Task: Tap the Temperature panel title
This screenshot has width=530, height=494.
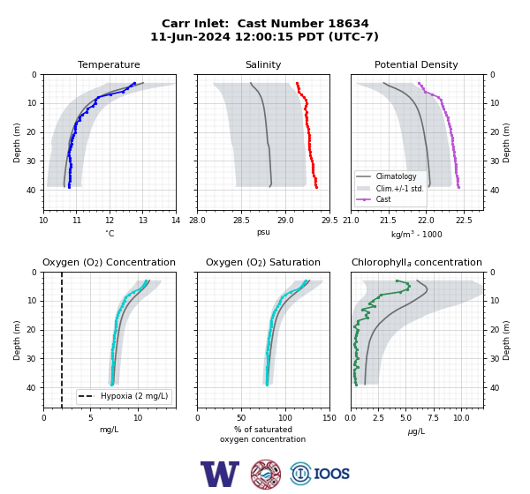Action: click(109, 64)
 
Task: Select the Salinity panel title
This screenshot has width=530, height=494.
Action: click(263, 64)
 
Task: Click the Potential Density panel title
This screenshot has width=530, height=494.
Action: click(416, 64)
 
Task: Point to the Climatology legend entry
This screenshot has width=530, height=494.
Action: click(396, 176)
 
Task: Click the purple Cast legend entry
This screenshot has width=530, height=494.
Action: click(383, 199)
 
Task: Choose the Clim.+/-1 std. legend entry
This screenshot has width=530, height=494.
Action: click(399, 189)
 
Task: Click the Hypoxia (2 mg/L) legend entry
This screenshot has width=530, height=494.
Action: click(134, 396)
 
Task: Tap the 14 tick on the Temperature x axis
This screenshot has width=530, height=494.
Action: click(176, 221)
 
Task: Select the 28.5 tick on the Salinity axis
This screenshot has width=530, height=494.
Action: click(241, 221)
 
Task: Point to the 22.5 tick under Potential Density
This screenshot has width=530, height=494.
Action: click(464, 221)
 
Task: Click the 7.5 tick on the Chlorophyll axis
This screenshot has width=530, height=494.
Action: click(433, 418)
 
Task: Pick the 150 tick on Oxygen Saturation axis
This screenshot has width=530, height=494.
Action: click(329, 418)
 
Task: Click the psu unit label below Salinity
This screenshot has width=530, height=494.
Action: click(263, 232)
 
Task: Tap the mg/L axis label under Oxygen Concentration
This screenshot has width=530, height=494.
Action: click(109, 430)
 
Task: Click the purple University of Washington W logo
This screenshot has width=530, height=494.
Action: click(220, 474)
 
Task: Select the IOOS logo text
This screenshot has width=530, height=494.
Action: click(332, 474)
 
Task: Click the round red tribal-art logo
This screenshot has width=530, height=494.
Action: click(266, 474)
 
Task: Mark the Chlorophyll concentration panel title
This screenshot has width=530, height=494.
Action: click(416, 262)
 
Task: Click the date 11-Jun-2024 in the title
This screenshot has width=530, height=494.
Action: click(190, 36)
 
